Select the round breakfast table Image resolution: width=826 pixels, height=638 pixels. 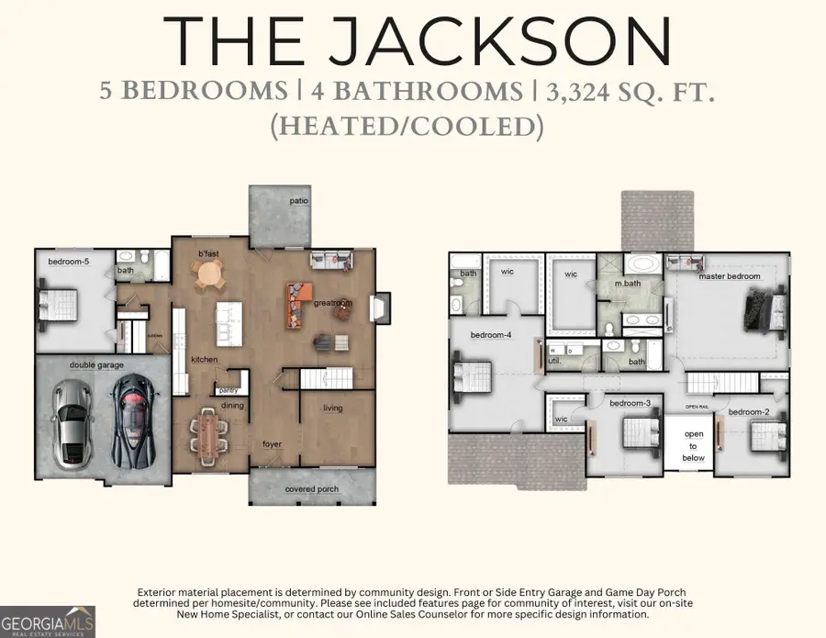pyautogui.click(x=209, y=273)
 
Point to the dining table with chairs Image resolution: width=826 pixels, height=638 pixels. pyautogui.click(x=207, y=434)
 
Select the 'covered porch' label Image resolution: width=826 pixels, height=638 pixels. pyautogui.click(x=311, y=489)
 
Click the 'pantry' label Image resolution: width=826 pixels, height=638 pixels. pyautogui.click(x=228, y=390)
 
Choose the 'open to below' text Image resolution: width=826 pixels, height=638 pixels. pyautogui.click(x=694, y=445)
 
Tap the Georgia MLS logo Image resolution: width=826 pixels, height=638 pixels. pyautogui.click(x=48, y=621)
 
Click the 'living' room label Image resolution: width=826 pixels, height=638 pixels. pyautogui.click(x=332, y=408)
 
